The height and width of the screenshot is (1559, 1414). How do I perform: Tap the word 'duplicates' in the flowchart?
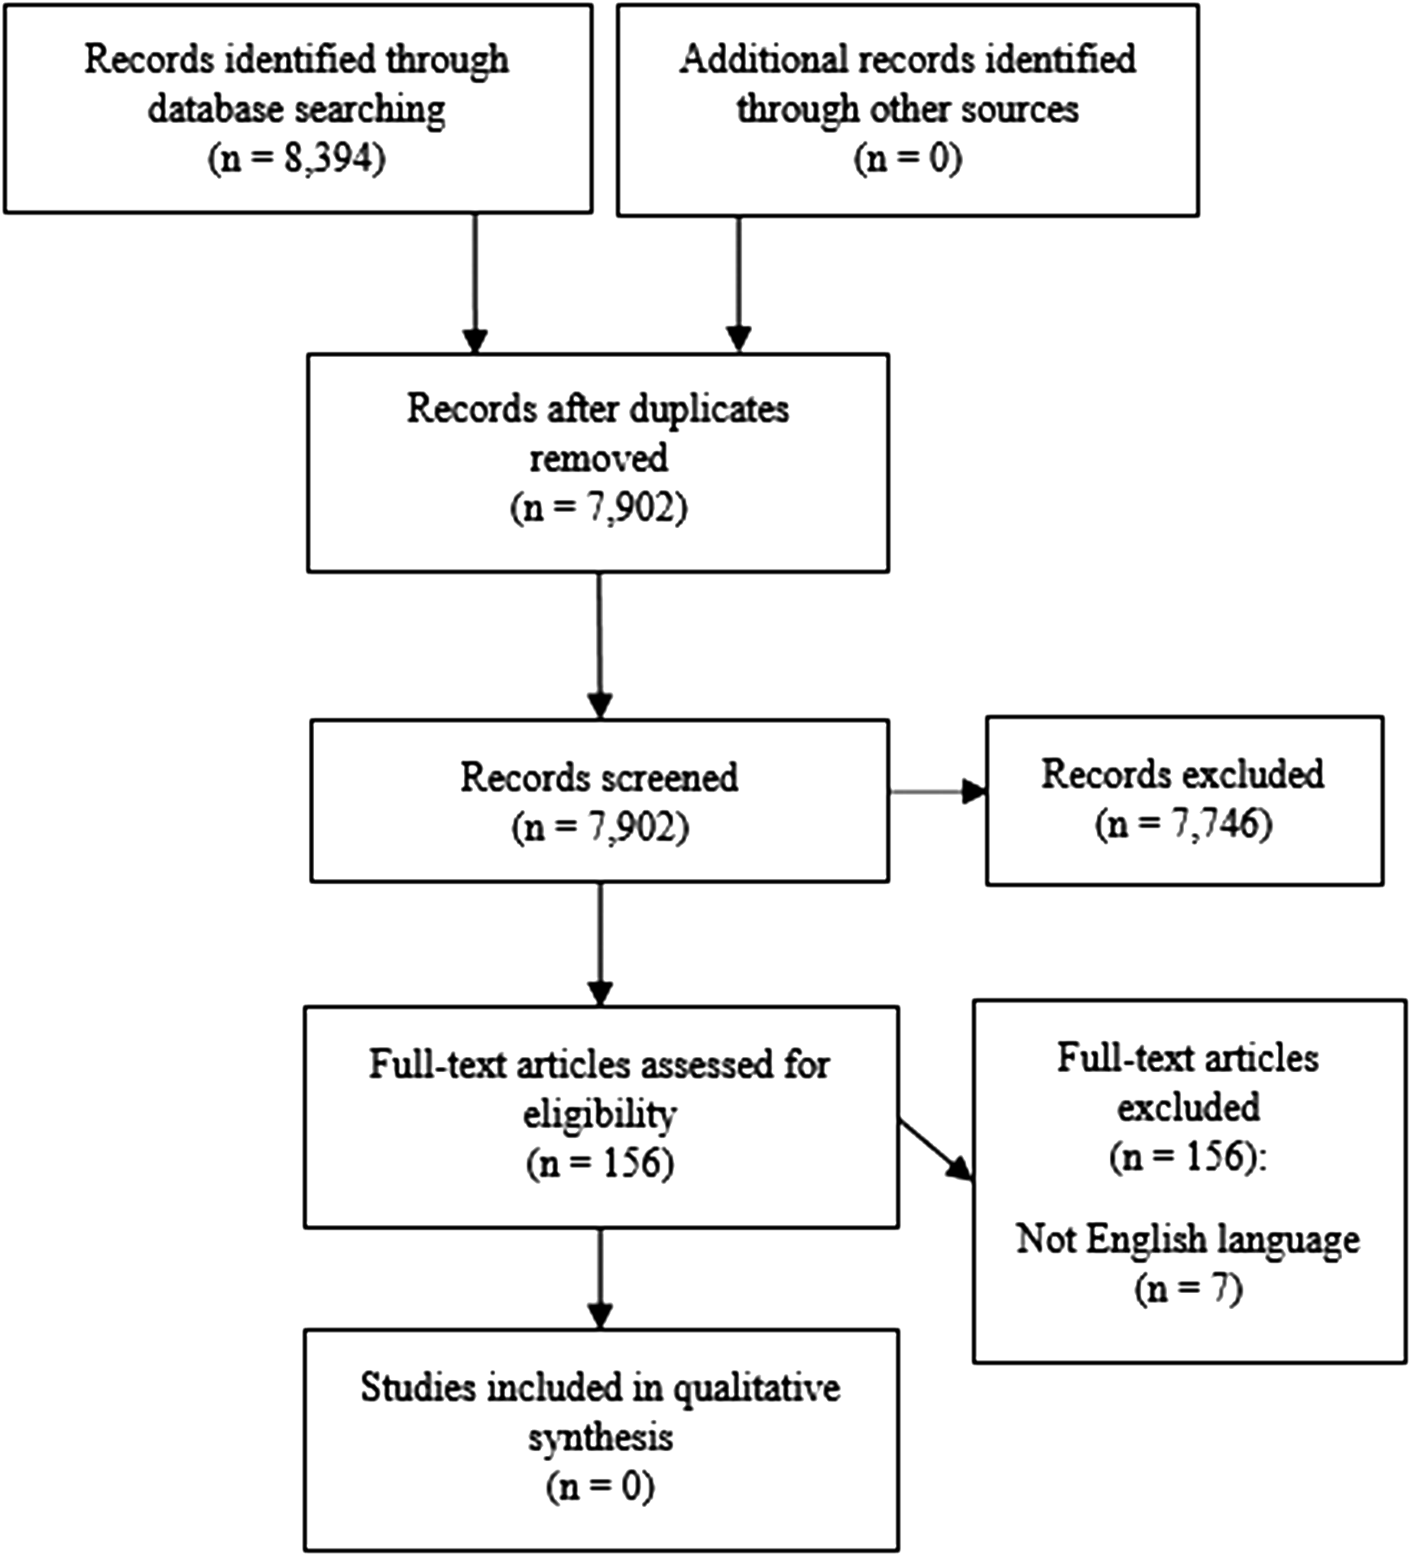tap(708, 410)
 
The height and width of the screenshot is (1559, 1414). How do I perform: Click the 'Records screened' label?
tap(598, 777)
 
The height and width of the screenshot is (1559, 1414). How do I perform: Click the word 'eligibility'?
tap(600, 1115)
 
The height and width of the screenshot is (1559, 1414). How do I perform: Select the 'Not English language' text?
tap(1187, 1239)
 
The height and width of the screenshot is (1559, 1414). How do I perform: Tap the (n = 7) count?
tap(1188, 1288)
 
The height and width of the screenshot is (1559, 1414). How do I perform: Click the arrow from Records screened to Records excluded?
tap(938, 792)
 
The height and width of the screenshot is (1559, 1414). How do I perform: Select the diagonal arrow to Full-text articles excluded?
tap(936, 1151)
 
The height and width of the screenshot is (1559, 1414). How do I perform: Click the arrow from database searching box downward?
tap(475, 283)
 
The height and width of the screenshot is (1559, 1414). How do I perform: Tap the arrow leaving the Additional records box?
tap(738, 284)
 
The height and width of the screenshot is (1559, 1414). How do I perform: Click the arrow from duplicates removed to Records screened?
tap(599, 646)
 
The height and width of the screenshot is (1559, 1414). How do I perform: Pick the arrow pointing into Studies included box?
tap(599, 1279)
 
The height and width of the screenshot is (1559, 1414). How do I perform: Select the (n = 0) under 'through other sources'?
tap(907, 160)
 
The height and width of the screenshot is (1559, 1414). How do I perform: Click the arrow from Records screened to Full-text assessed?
tap(599, 944)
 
